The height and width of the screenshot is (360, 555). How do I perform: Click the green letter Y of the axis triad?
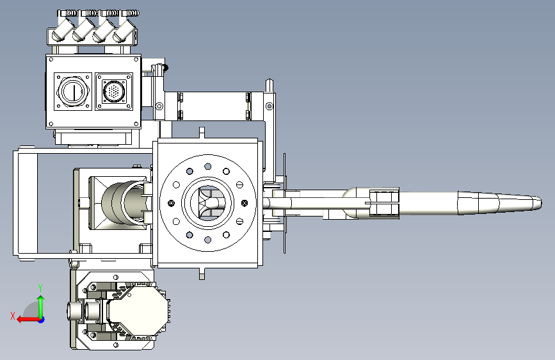[40, 288]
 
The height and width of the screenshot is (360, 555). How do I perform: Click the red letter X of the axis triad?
[13, 316]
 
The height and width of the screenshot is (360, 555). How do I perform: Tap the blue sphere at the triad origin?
[42, 320]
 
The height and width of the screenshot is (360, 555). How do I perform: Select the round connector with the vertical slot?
[73, 91]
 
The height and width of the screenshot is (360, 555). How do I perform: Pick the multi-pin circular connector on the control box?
[113, 92]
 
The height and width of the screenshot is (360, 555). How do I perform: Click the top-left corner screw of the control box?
[51, 60]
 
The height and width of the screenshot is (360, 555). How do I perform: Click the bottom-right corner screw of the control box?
[136, 124]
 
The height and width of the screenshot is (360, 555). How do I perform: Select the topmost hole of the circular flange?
[208, 167]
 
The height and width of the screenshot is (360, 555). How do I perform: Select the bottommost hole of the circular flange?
[208, 240]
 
